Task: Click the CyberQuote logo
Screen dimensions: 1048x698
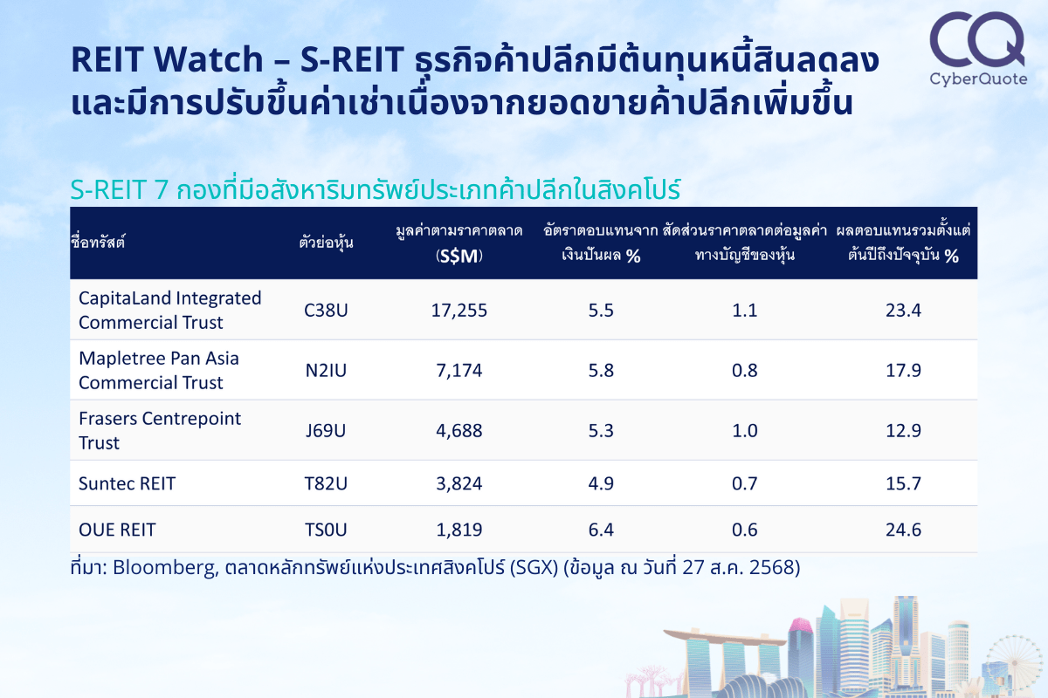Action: (978, 49)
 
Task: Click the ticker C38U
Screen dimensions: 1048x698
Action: (326, 311)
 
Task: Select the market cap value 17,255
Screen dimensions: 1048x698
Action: (459, 311)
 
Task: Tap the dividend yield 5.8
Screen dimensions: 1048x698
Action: (601, 370)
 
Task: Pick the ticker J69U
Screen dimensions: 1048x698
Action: (326, 431)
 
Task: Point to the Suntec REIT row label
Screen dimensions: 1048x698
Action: (127, 483)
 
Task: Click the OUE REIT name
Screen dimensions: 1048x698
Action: (117, 530)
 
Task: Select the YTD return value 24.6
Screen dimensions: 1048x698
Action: (903, 530)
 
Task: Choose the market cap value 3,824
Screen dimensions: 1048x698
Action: (459, 483)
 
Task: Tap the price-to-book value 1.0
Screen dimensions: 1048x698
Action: (744, 431)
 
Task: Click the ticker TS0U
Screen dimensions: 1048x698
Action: (326, 530)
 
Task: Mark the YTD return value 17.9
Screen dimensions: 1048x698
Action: (903, 370)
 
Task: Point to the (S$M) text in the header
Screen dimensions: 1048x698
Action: (459, 256)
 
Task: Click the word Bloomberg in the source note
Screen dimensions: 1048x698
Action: (165, 568)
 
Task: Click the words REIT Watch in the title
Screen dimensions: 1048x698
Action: (167, 59)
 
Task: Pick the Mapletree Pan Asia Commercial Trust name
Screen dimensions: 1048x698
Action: (159, 370)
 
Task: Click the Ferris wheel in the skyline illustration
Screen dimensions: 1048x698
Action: (1014, 664)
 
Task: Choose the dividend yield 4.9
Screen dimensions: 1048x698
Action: (601, 483)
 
